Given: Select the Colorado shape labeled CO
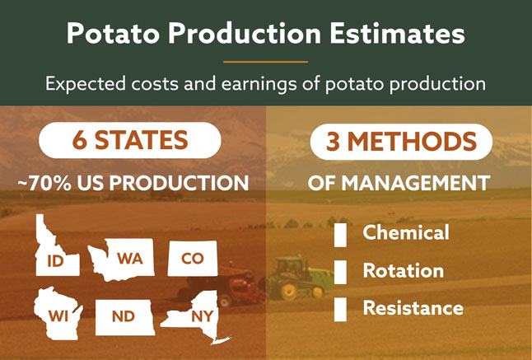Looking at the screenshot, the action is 193,258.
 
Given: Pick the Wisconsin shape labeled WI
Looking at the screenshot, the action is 58,314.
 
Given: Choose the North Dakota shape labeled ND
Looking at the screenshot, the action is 124,317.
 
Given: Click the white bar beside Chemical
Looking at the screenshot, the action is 340,235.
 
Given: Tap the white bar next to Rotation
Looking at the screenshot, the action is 340,272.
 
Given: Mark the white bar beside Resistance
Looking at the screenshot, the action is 340,310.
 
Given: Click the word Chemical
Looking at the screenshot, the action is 406,233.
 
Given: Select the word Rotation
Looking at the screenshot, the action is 404,271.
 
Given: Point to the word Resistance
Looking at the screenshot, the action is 413,308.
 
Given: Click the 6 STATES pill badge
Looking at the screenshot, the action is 130,140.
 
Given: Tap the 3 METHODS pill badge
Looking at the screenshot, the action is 401,142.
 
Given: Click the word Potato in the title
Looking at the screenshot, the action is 113,34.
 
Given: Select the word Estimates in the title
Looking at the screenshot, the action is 397,33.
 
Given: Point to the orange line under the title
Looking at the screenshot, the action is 266,62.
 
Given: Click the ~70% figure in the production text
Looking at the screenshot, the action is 44,183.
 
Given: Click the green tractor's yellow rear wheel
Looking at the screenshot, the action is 289,291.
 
